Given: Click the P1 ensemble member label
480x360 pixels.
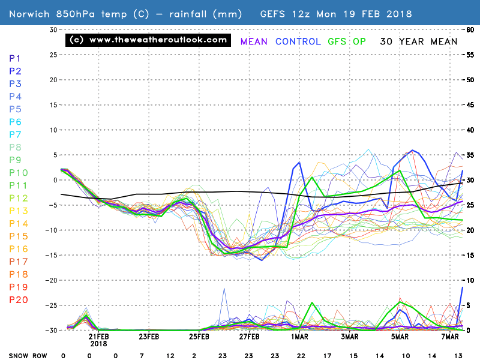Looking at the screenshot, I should click(x=16, y=58).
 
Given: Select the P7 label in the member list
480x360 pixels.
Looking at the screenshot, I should click(x=16, y=134).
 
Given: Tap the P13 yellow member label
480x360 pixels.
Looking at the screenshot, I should click(x=18, y=210).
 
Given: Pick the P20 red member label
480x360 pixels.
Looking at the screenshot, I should click(x=18, y=299).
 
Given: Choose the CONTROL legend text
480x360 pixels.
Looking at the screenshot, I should click(x=298, y=41).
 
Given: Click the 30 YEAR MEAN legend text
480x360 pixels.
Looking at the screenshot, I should click(x=418, y=41).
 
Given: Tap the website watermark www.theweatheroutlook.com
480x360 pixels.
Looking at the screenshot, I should click(x=148, y=40).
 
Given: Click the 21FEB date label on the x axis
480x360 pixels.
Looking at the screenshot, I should click(x=99, y=337).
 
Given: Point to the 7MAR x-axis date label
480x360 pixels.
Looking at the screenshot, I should click(x=450, y=337).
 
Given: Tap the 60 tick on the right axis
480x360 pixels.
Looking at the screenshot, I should click(x=471, y=29).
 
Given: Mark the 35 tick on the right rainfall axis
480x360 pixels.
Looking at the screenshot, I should click(x=471, y=155).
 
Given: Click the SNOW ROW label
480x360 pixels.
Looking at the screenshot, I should click(x=24, y=355).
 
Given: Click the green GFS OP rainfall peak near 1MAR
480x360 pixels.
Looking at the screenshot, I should click(x=312, y=302).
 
